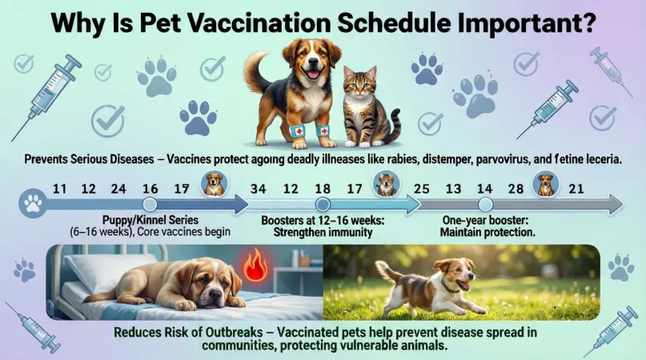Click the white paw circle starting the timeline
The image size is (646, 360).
pyautogui.click(x=33, y=205)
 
